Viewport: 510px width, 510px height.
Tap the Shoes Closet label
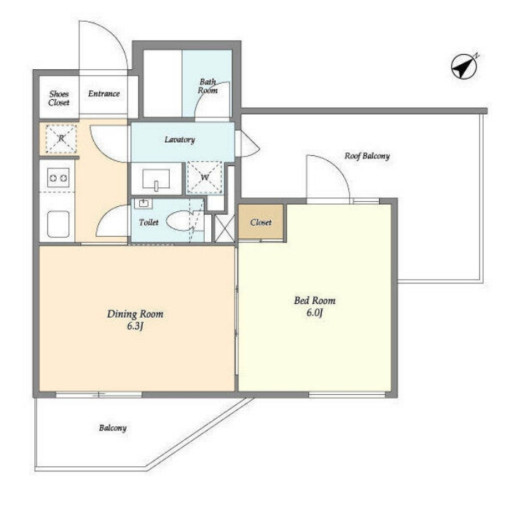click(x=59, y=98)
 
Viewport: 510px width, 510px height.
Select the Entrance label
click(x=103, y=94)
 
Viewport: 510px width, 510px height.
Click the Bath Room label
click(x=208, y=86)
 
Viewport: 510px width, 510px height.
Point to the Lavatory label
click(x=179, y=140)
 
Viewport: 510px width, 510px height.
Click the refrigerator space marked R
click(x=61, y=138)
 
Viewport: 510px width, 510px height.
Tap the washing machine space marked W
click(x=205, y=177)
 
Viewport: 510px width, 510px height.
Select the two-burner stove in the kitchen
click(x=58, y=178)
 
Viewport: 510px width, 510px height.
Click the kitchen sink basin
click(x=58, y=224)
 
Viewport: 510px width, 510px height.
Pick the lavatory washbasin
click(x=156, y=179)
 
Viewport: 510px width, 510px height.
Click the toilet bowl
click(x=180, y=221)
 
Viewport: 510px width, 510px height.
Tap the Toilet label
click(x=149, y=222)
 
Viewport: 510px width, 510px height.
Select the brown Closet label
click(x=261, y=222)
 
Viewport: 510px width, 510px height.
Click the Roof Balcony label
click(x=367, y=156)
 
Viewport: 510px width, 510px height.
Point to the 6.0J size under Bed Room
click(x=315, y=313)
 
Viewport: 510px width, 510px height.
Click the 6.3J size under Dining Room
click(x=135, y=326)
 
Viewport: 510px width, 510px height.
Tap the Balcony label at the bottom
click(x=112, y=428)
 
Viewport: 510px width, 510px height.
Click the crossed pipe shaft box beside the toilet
click(x=224, y=227)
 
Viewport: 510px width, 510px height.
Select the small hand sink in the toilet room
click(x=143, y=203)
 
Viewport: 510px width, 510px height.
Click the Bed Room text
click(x=315, y=300)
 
